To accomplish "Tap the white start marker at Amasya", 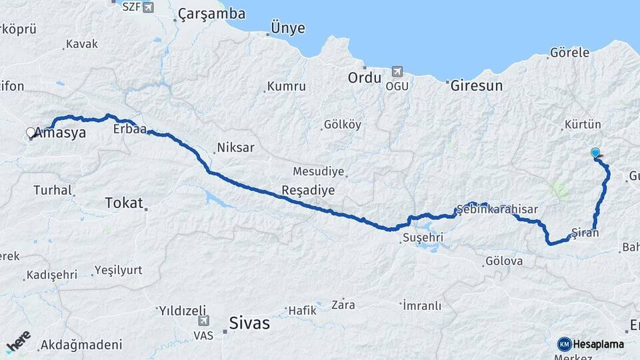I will [x=31, y=133].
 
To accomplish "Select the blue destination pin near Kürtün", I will [x=595, y=153].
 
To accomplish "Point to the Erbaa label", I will [x=129, y=129].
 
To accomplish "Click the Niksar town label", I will [x=235, y=148].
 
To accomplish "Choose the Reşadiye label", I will [x=308, y=190].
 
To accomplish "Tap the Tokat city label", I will [x=124, y=203].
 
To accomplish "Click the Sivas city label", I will [x=249, y=324].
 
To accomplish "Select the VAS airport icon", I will [x=204, y=321].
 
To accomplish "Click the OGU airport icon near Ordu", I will [x=399, y=71].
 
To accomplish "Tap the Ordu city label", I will [x=365, y=78].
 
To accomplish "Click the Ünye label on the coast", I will [x=287, y=29].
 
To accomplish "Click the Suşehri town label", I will [x=422, y=237].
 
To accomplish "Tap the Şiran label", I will [x=585, y=233].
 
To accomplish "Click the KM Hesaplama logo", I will [x=591, y=344].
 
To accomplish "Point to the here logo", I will [x=19, y=341].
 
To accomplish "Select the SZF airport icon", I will [x=147, y=7].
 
